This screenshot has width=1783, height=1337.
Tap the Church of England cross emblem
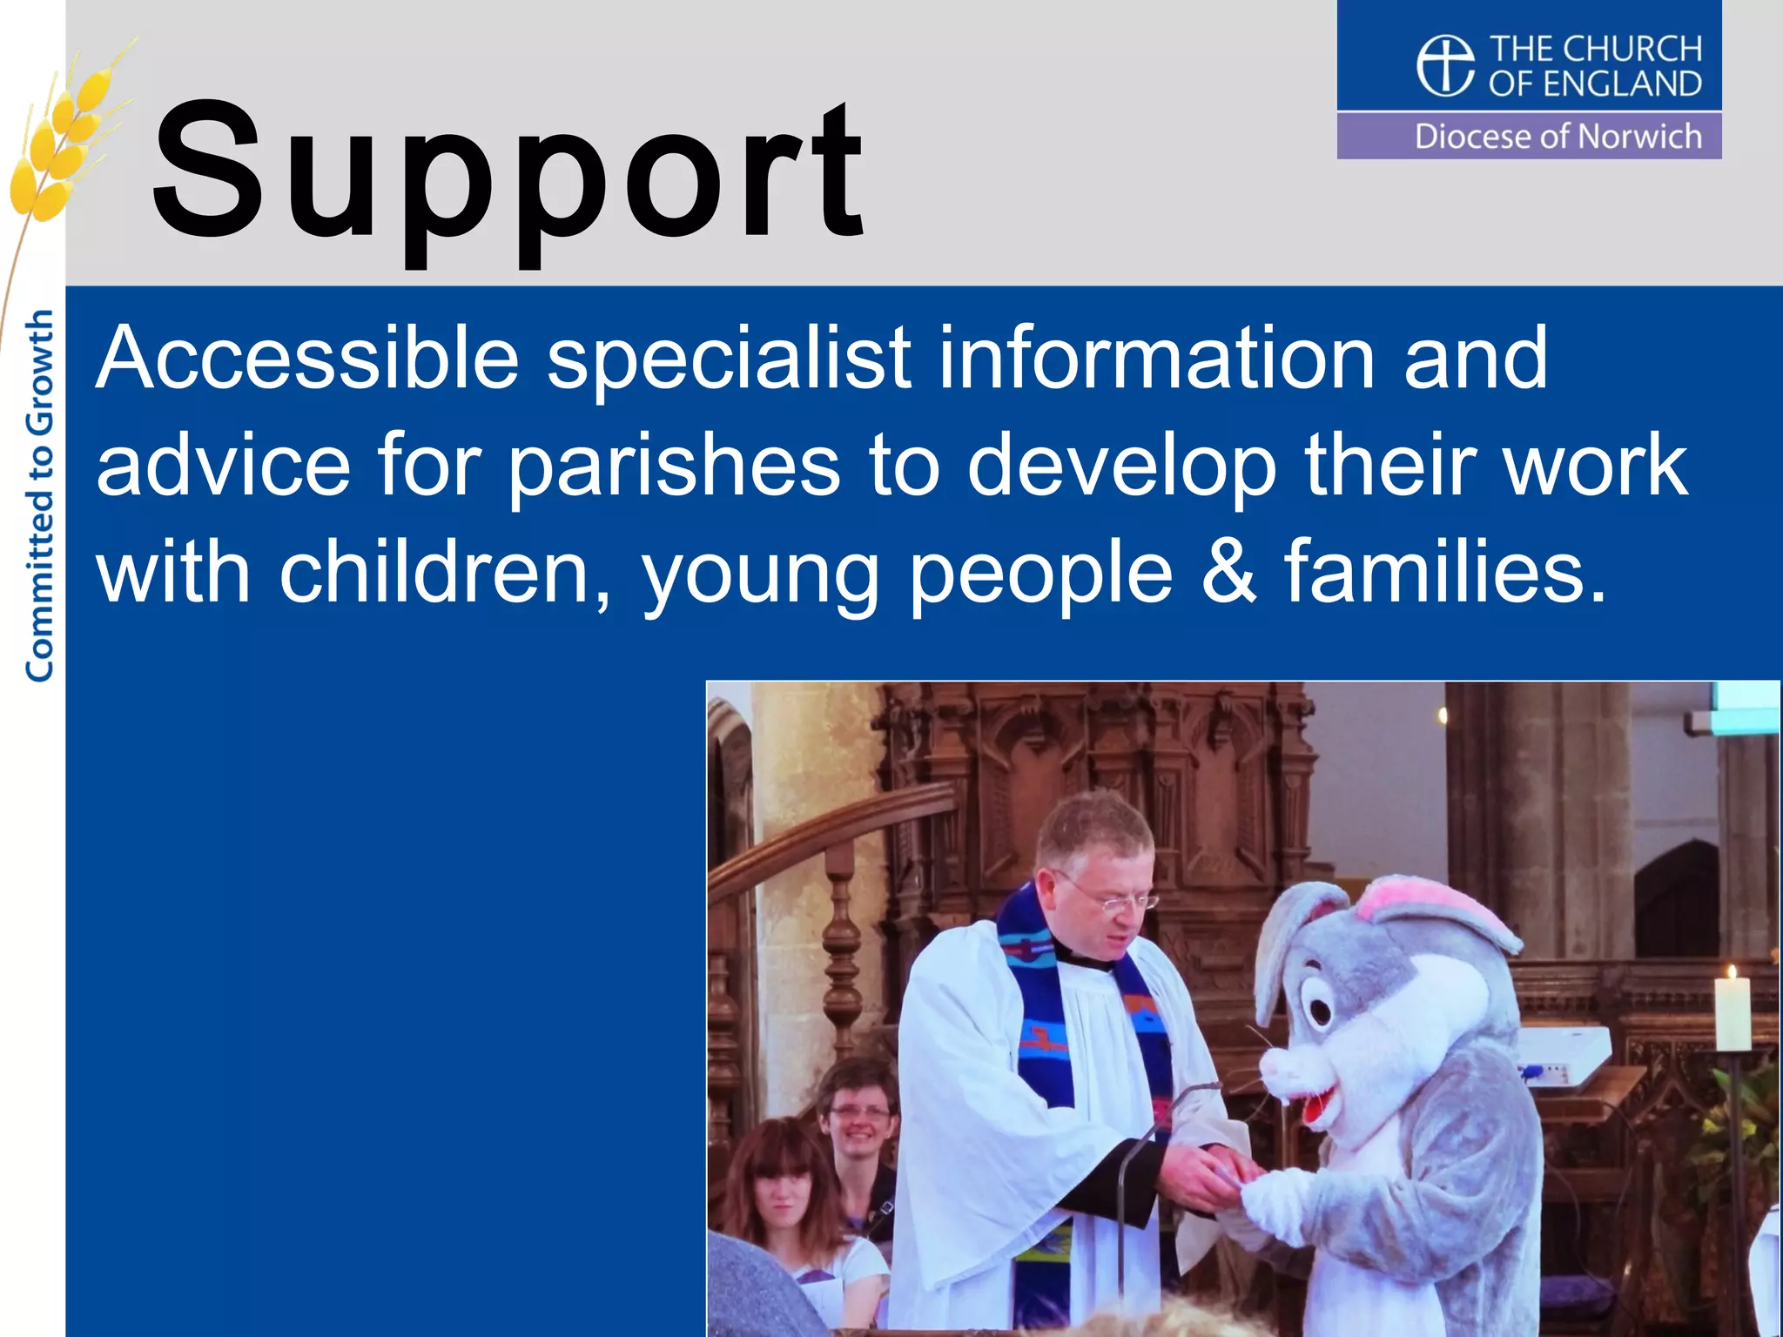pyautogui.click(x=1445, y=65)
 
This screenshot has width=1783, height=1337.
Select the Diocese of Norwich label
pyautogui.click(x=1558, y=137)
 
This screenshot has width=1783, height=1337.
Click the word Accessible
pyautogui.click(x=307, y=358)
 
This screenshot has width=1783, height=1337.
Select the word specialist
pyautogui.click(x=729, y=359)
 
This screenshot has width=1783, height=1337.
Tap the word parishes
pyautogui.click(x=674, y=467)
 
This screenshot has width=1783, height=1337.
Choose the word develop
pyautogui.click(x=1122, y=467)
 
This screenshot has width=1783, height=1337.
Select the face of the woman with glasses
pyautogui.click(x=860, y=1119)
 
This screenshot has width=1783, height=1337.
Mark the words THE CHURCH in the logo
pyautogui.click(x=1595, y=49)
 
